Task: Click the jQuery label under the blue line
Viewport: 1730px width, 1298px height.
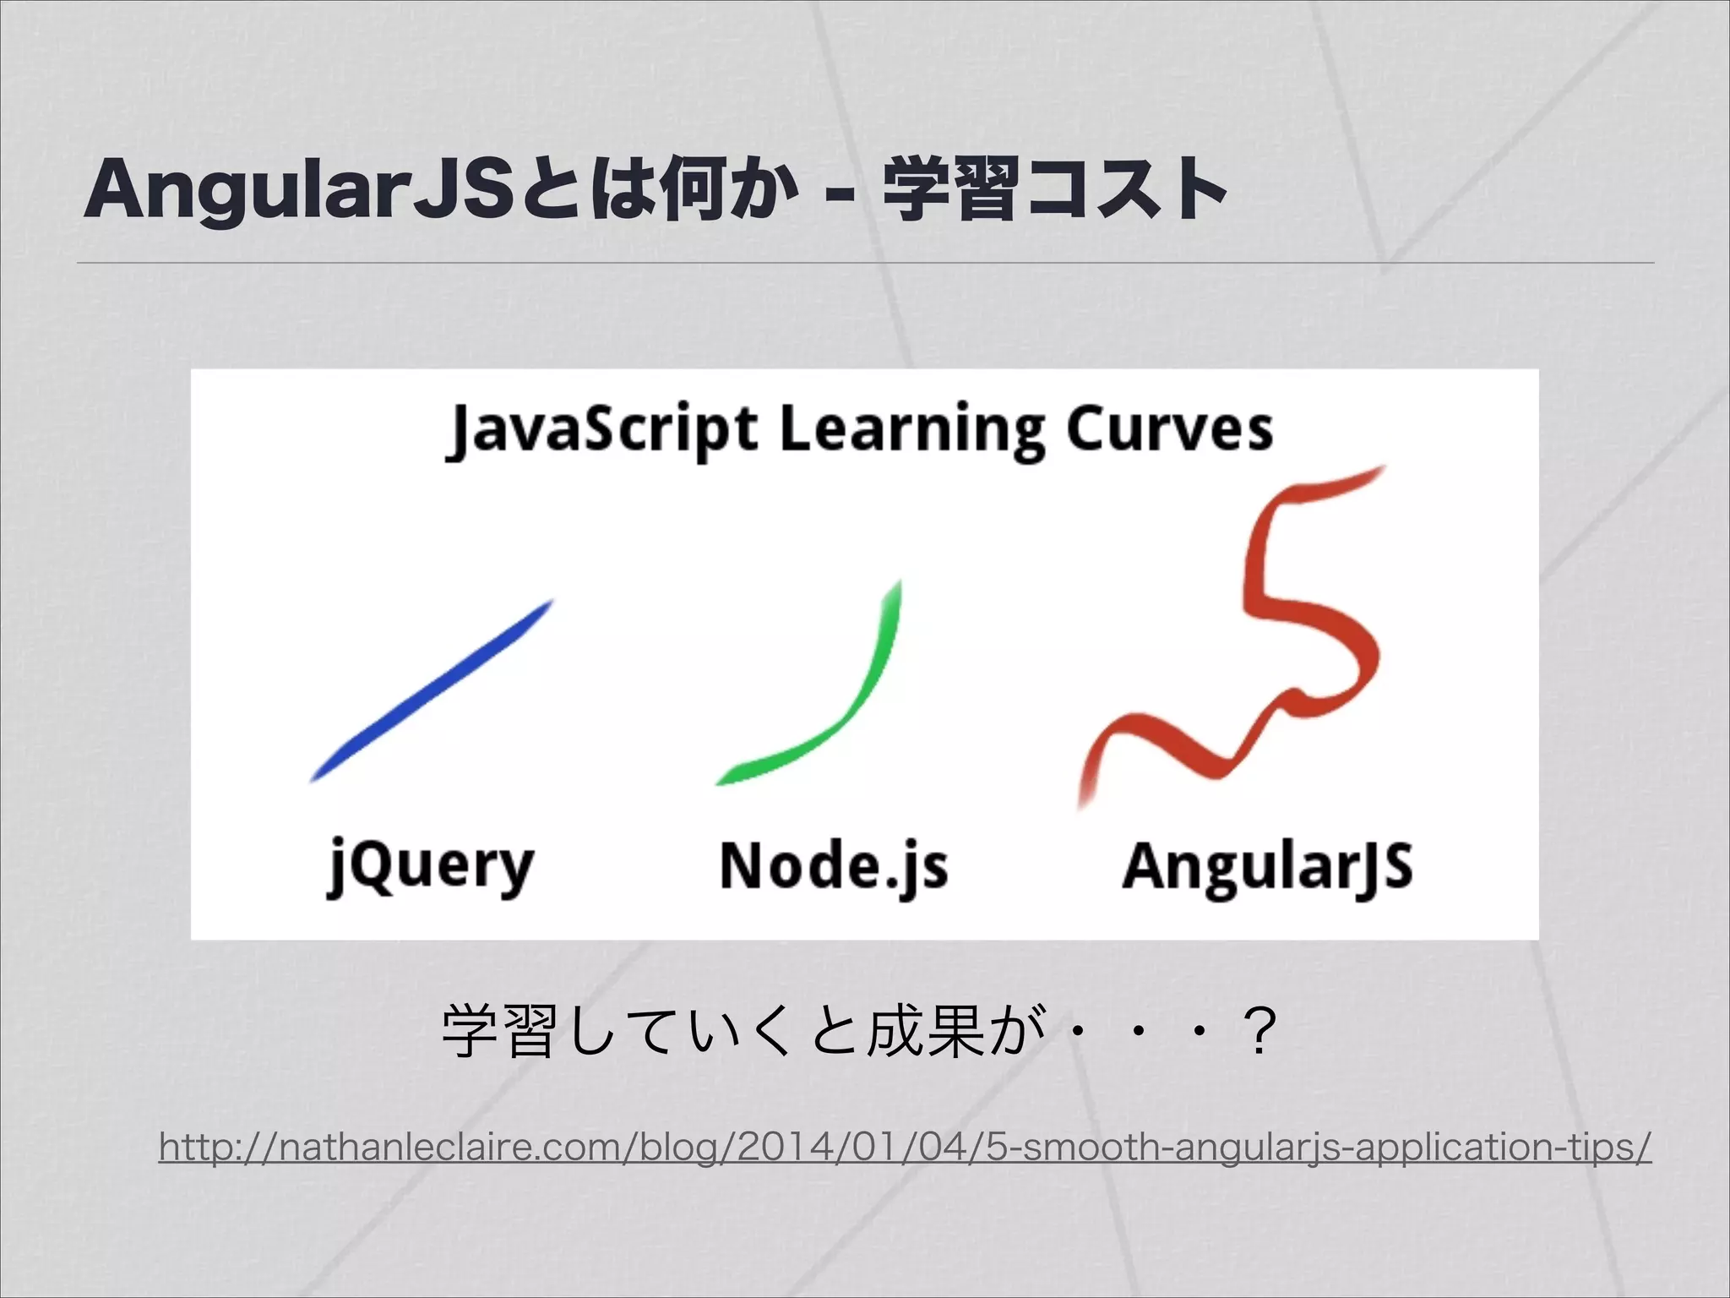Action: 431,866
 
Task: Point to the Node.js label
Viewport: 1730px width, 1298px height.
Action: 834,866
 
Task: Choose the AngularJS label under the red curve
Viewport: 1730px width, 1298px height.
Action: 1267,866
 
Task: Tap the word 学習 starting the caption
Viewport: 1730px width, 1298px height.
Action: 498,1032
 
